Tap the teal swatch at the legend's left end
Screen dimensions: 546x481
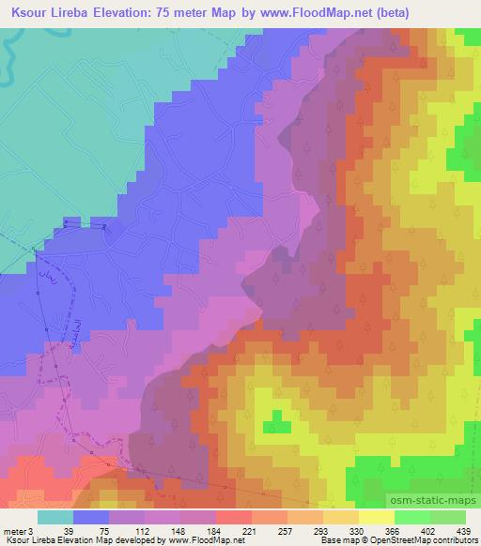[x=54, y=515]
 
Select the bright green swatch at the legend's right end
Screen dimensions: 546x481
[x=447, y=515]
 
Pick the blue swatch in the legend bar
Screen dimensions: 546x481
[x=90, y=515]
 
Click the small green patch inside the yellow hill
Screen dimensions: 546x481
[x=278, y=417]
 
